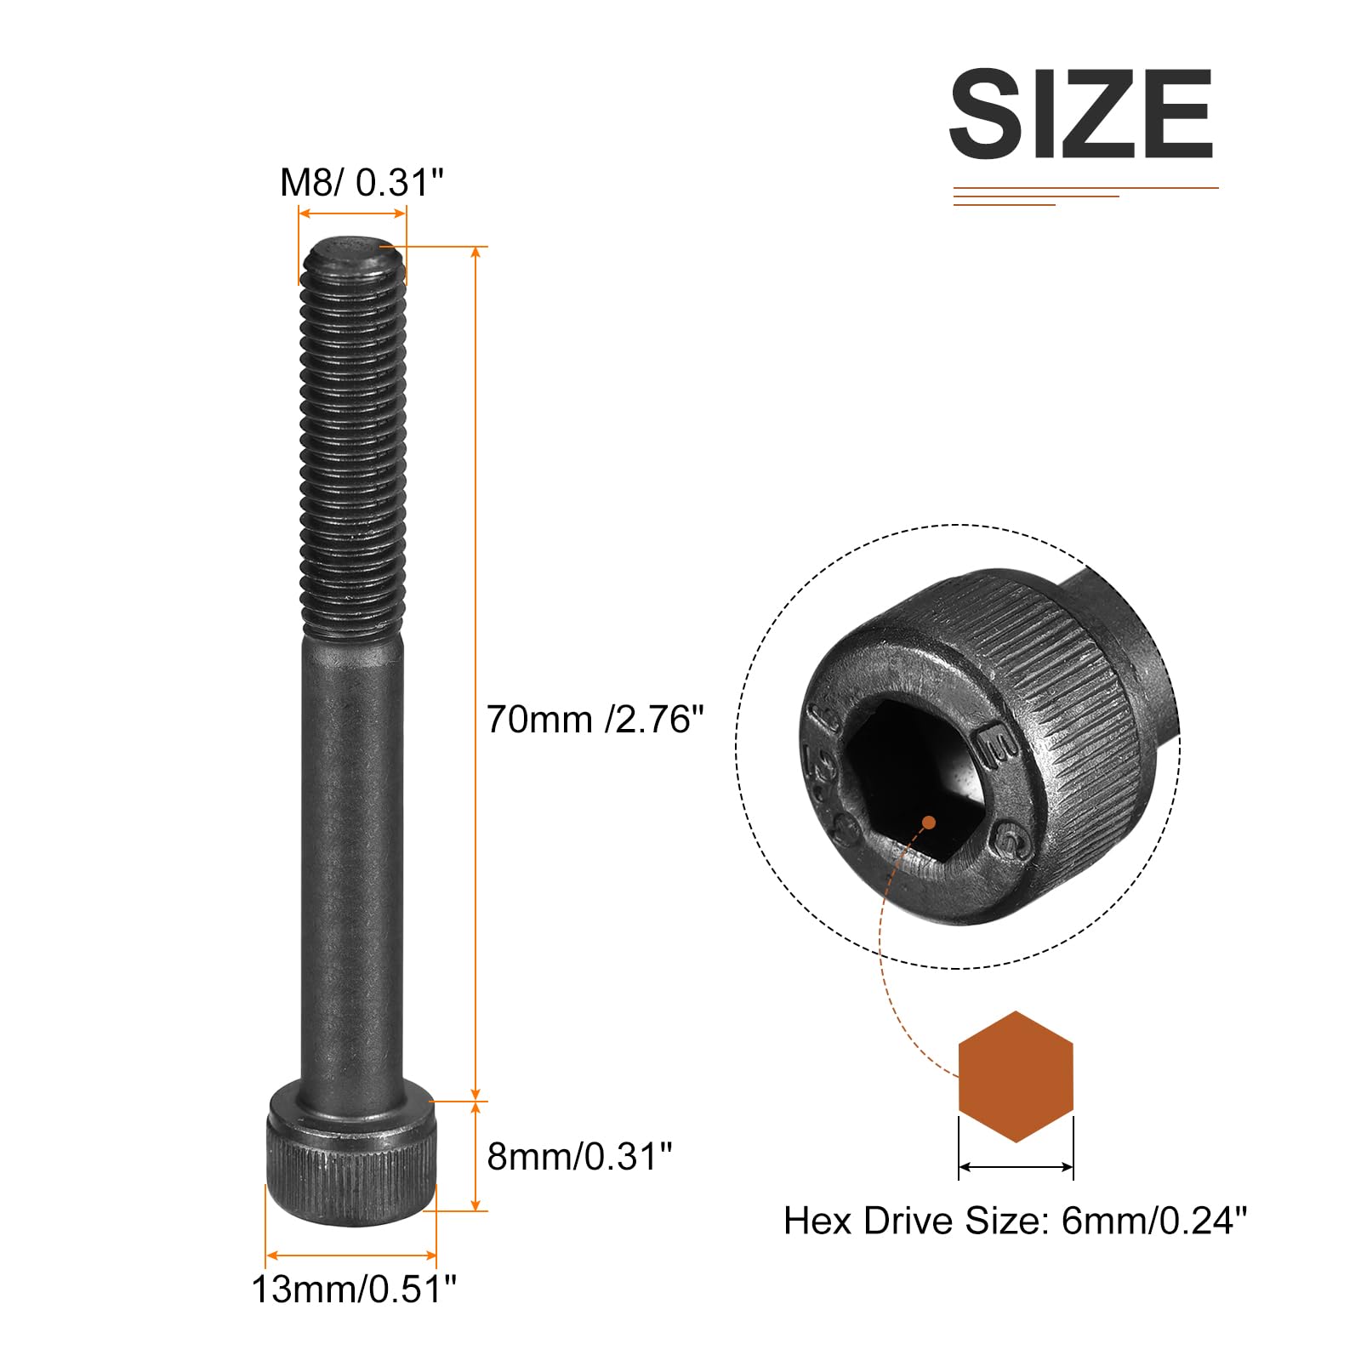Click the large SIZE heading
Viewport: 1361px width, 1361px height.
coord(1081,114)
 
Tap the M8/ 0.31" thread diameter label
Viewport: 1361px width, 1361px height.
coord(362,182)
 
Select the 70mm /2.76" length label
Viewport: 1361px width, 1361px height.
coord(595,720)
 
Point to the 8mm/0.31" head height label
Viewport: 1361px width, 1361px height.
coord(579,1157)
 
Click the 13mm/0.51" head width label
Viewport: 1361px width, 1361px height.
coord(354,1290)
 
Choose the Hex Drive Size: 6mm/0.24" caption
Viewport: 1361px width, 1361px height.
coord(1015,1221)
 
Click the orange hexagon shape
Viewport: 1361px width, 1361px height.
coord(1016,1076)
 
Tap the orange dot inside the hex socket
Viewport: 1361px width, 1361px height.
coord(929,823)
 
